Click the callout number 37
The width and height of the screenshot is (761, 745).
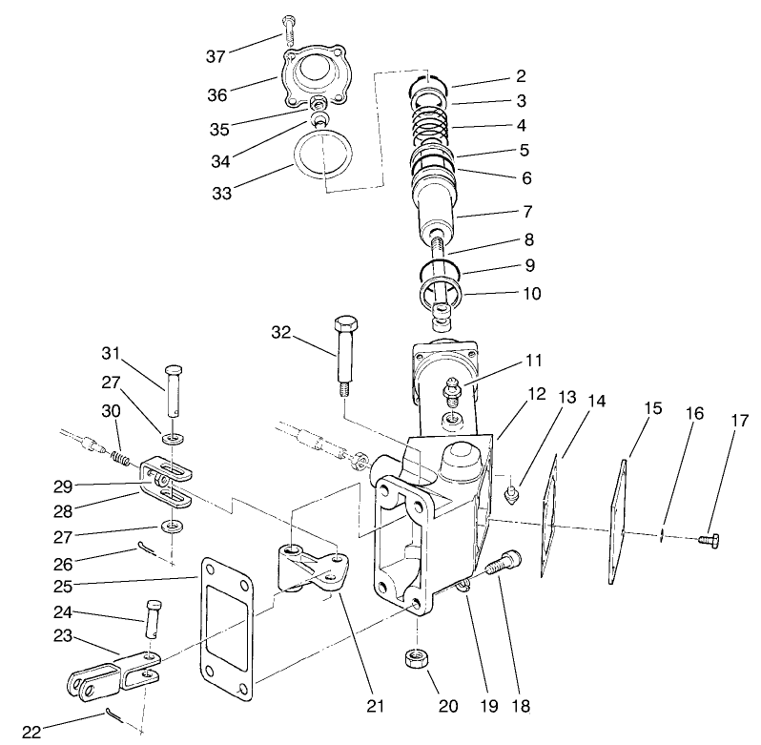216,56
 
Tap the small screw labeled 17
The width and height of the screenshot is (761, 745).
708,541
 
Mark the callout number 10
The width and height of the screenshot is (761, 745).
530,294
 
